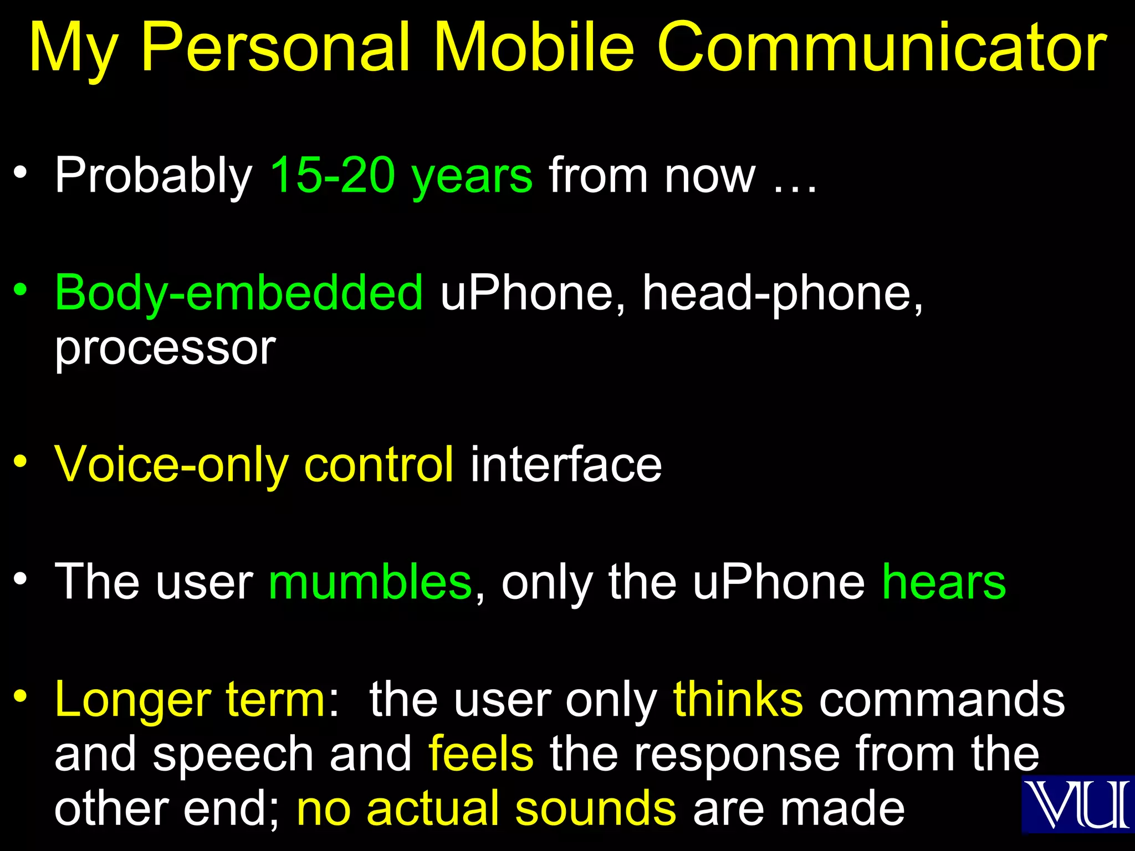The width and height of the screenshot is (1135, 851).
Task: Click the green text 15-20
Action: (x=333, y=175)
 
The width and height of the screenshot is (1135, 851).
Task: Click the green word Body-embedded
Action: (x=239, y=293)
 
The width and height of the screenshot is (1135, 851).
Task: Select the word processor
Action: (x=165, y=349)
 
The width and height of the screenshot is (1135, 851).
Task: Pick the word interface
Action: (x=566, y=464)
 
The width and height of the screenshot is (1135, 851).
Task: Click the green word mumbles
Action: (x=370, y=582)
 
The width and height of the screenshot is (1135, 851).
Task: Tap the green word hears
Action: (x=944, y=582)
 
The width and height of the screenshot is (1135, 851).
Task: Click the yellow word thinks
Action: (x=738, y=699)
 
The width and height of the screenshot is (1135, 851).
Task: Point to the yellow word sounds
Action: (x=595, y=809)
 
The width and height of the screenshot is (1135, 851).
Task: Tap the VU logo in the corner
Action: (x=1077, y=804)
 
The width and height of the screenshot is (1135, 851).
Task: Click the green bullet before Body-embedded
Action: (x=21, y=289)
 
